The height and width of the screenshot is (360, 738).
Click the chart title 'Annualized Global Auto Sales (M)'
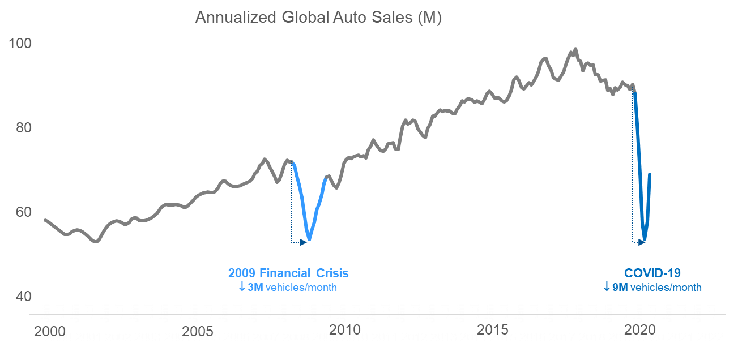(318, 18)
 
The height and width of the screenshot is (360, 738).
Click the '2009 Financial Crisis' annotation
(288, 273)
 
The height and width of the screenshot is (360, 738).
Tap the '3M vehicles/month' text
(292, 288)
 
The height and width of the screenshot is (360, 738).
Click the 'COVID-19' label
(652, 273)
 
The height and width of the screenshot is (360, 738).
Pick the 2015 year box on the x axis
(502, 337)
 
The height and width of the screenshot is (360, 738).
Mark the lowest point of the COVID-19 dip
(644, 239)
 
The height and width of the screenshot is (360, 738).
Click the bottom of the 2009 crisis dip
(309, 239)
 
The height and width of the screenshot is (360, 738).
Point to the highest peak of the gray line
(575, 49)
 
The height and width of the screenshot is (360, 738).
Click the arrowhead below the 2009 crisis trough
(304, 242)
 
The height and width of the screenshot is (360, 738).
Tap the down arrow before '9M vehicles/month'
(607, 288)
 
